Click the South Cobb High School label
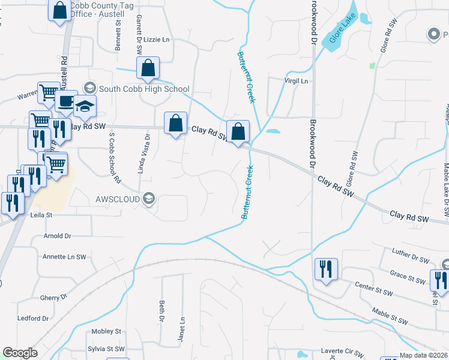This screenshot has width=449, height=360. tap(144, 89)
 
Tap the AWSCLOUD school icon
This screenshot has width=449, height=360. tap(149, 199)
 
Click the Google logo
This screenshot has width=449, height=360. tap(20, 353)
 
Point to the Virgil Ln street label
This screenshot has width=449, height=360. tap(296, 81)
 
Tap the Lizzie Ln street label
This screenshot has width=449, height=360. tap(158, 40)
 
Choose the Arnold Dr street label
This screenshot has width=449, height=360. tap(57, 236)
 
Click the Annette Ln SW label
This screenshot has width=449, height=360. tap(64, 257)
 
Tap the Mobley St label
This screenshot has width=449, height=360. tap(106, 331)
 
